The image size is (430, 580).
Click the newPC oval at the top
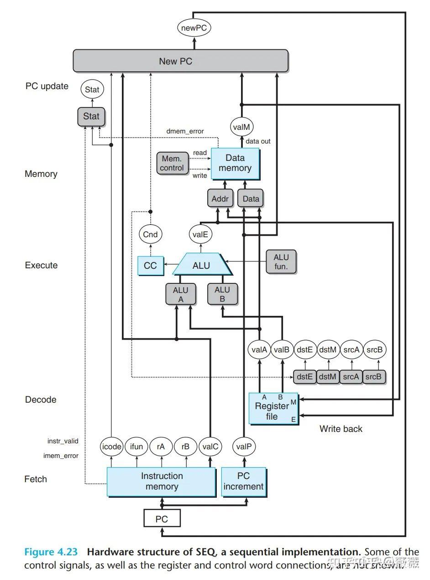(194, 28)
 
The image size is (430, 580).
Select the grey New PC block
(181, 61)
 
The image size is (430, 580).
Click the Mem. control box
(172, 163)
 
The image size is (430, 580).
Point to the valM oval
(242, 127)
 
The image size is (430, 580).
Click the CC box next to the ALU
(150, 266)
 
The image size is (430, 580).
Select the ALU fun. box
(281, 261)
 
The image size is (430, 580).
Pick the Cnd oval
(150, 234)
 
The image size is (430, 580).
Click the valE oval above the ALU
(200, 234)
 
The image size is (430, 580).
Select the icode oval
(111, 447)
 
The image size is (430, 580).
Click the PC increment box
(243, 482)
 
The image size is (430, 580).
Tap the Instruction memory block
(161, 482)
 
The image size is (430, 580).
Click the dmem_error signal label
(184, 131)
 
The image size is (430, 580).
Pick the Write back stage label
(341, 429)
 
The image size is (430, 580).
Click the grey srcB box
(374, 377)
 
